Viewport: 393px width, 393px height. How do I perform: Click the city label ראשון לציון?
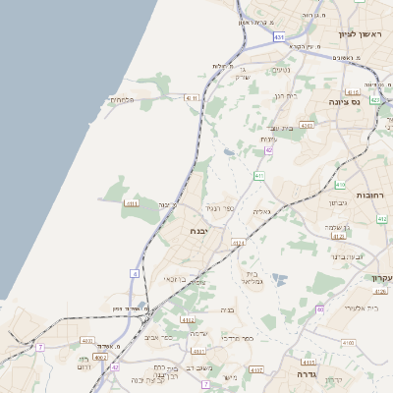pos(358,34)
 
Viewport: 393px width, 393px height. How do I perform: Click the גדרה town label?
pos(296,374)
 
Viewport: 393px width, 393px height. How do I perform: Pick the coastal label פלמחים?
pos(121,99)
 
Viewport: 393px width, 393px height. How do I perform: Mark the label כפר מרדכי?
pos(239,339)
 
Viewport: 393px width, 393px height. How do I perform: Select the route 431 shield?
pos(279,36)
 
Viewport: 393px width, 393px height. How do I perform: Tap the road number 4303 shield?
pos(308,125)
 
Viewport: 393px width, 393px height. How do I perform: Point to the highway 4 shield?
pos(134,273)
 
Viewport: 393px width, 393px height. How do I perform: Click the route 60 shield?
pos(320,309)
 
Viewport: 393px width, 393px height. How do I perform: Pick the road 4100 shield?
pos(349,342)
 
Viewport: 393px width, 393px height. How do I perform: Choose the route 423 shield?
pos(374,100)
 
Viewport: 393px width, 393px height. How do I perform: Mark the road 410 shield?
pos(340,185)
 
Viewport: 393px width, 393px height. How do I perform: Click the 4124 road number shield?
pos(239,242)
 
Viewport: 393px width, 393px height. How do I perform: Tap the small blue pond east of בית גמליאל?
pos(278,280)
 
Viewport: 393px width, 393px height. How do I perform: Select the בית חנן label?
pos(285,96)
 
